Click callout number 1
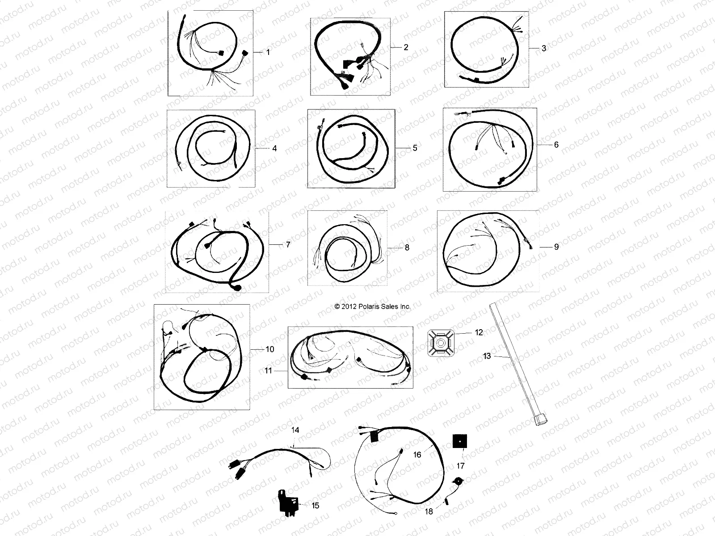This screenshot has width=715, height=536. pyautogui.click(x=268, y=52)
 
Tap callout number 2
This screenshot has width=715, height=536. pyautogui.click(x=406, y=47)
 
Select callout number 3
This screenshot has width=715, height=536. pyautogui.click(x=544, y=48)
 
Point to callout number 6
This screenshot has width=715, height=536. pyautogui.click(x=556, y=145)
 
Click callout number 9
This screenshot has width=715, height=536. pyautogui.click(x=556, y=247)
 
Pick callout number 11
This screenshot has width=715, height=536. pyautogui.click(x=268, y=371)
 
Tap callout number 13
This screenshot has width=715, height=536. pyautogui.click(x=487, y=356)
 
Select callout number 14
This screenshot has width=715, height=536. pyautogui.click(x=295, y=430)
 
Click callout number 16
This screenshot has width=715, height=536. pyautogui.click(x=417, y=455)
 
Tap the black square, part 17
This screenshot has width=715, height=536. pyautogui.click(x=460, y=442)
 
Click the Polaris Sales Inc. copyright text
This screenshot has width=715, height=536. pyautogui.click(x=372, y=307)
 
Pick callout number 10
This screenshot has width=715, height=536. pyautogui.click(x=270, y=349)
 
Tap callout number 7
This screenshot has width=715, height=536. pyautogui.click(x=288, y=245)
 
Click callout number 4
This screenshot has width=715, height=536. pyautogui.click(x=274, y=148)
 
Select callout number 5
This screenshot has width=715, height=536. pyautogui.click(x=415, y=148)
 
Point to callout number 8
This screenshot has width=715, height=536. pyautogui.click(x=407, y=247)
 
